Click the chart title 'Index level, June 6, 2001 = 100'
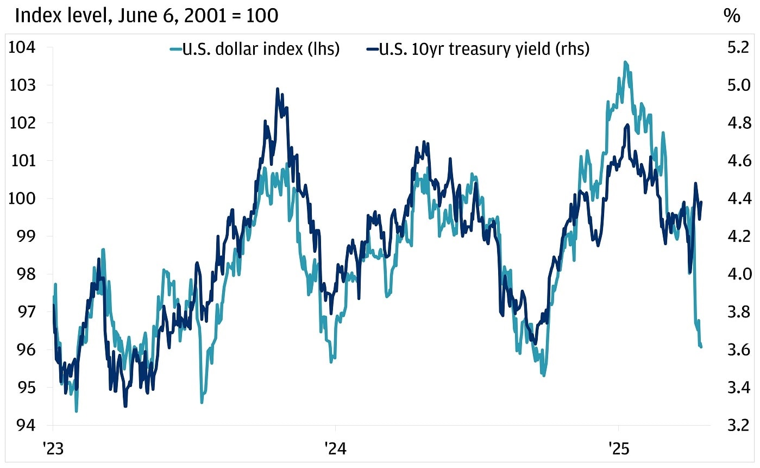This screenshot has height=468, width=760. pyautogui.click(x=146, y=15)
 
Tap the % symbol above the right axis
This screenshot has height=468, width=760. pyautogui.click(x=731, y=16)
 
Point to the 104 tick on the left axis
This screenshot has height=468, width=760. pyautogui.click(x=22, y=47)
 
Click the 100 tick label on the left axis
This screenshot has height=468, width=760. pyautogui.click(x=22, y=198)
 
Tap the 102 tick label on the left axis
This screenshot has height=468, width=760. pyautogui.click(x=22, y=123)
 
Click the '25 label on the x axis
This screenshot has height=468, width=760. pyautogui.click(x=618, y=448)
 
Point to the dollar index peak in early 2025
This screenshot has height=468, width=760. pyautogui.click(x=625, y=62)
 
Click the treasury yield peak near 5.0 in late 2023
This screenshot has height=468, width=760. pyautogui.click(x=278, y=89)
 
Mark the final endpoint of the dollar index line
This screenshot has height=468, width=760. pyautogui.click(x=701, y=347)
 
